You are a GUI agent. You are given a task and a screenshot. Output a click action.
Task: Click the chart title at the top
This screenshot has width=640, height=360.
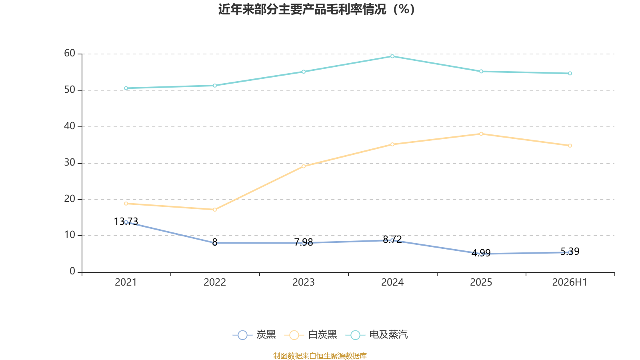(x=316, y=10)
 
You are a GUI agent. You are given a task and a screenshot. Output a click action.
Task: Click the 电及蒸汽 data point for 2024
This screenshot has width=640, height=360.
(x=392, y=56)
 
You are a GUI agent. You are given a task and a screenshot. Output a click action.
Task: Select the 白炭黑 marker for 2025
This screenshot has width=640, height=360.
(x=481, y=134)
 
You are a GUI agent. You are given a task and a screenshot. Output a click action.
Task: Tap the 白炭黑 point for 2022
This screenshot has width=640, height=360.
(x=215, y=210)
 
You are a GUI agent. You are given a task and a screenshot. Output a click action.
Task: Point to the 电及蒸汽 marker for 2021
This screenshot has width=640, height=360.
(x=126, y=88)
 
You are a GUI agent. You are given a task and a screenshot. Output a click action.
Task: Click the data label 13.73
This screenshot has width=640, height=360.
(x=126, y=222)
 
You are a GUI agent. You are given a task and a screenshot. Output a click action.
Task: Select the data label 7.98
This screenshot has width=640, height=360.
(x=304, y=242)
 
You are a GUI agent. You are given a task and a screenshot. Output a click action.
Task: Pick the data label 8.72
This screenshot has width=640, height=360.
(x=392, y=240)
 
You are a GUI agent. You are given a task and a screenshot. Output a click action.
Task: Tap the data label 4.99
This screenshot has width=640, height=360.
(x=481, y=253)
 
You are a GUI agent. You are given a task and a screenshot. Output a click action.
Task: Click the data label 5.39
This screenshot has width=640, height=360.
(x=570, y=252)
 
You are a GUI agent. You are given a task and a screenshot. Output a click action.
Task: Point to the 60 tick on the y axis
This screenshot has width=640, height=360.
(x=70, y=54)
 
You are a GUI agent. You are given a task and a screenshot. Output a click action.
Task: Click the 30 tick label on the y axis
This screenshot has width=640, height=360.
(x=70, y=163)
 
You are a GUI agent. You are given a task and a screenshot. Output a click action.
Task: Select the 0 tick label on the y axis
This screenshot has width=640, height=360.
(x=72, y=272)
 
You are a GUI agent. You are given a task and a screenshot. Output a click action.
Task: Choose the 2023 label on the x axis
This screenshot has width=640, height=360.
(x=304, y=282)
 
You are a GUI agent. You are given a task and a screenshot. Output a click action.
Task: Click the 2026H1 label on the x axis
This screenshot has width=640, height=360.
(x=570, y=282)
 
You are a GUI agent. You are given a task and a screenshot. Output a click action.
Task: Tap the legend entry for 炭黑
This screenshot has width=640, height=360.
(x=254, y=334)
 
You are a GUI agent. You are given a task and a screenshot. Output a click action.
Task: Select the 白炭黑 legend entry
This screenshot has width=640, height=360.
(x=311, y=334)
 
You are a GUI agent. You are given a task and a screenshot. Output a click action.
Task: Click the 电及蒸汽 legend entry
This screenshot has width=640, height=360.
(x=377, y=334)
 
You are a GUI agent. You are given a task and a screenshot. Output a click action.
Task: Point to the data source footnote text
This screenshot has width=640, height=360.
(x=320, y=356)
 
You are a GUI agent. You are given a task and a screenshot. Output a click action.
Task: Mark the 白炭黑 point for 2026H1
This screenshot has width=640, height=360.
(x=570, y=146)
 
